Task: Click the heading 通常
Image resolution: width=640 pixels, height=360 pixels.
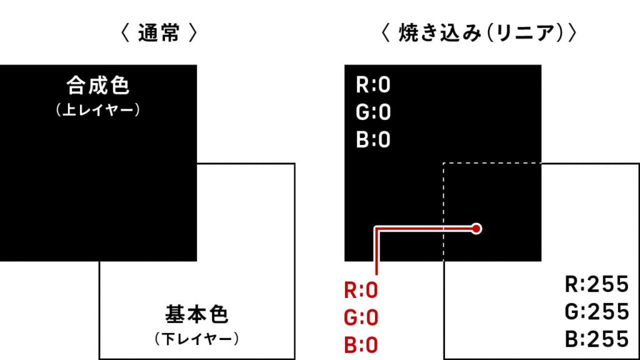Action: click(x=159, y=33)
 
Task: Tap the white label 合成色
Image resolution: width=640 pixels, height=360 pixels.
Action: click(x=98, y=86)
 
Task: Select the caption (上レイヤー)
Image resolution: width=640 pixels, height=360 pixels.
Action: click(x=98, y=110)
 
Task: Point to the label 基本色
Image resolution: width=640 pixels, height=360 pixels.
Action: click(x=197, y=314)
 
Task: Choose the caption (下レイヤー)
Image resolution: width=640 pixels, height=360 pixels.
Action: click(x=197, y=339)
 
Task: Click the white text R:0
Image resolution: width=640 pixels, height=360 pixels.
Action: click(x=373, y=85)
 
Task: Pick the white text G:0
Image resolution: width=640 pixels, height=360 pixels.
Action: click(x=373, y=112)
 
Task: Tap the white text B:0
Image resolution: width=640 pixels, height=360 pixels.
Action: click(x=373, y=139)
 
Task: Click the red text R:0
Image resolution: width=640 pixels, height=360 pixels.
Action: click(x=361, y=290)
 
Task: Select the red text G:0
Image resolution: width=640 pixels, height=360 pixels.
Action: click(x=361, y=317)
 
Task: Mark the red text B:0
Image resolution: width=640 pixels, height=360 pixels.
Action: click(x=361, y=345)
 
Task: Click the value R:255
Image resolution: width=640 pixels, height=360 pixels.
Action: click(x=597, y=284)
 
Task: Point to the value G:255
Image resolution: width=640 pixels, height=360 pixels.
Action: click(x=597, y=311)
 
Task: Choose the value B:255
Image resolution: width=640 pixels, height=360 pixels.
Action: click(x=597, y=339)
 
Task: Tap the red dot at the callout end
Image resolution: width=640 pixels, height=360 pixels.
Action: click(x=476, y=229)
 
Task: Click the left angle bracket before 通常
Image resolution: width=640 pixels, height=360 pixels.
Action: click(x=125, y=33)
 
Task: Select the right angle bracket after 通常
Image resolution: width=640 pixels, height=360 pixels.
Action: click(x=193, y=33)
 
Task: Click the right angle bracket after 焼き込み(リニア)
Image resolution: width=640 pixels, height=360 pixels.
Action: click(x=572, y=33)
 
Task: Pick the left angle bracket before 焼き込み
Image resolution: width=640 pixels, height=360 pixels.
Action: click(x=385, y=33)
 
